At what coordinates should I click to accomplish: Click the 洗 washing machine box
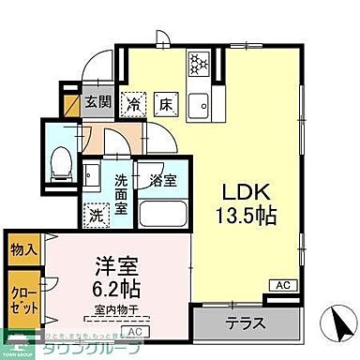(x=96, y=213)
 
